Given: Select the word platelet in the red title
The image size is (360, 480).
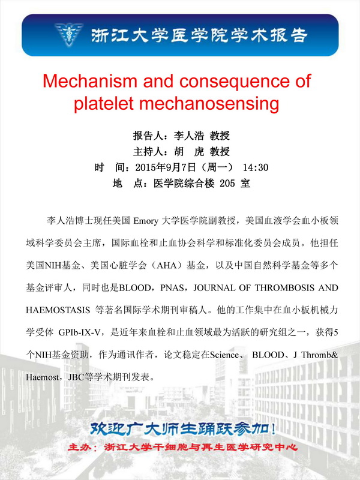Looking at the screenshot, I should (107, 103).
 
